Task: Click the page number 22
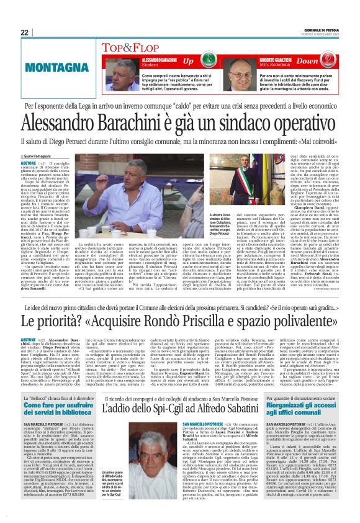(24, 32)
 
